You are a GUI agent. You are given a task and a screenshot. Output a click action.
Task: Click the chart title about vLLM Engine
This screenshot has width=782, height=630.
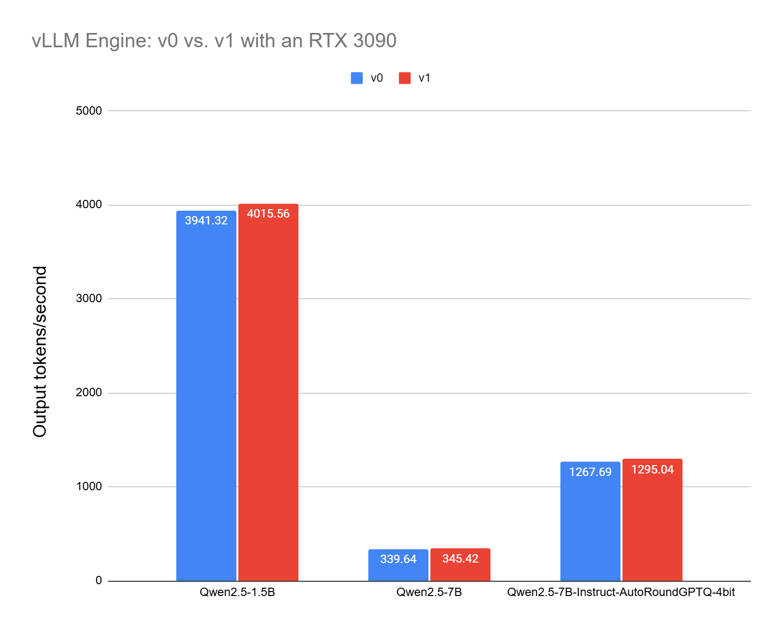(x=214, y=40)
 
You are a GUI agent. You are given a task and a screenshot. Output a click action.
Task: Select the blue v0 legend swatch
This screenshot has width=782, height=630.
(x=357, y=78)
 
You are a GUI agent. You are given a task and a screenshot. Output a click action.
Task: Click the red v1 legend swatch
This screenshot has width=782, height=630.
(x=405, y=78)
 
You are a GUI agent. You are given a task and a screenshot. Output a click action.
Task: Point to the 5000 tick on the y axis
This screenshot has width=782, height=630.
(x=89, y=111)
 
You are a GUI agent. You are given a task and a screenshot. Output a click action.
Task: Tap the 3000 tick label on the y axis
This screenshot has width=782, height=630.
(x=89, y=299)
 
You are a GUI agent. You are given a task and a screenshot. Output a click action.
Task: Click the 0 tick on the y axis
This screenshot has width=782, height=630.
(x=98, y=580)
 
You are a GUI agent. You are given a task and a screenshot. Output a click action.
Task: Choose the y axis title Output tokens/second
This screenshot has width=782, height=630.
(x=40, y=351)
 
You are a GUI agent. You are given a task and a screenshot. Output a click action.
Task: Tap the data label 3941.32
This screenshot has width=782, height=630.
(x=206, y=220)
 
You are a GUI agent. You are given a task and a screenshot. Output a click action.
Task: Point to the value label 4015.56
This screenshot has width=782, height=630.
(x=268, y=214)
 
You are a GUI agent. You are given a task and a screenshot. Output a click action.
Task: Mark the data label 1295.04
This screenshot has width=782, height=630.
(x=652, y=470)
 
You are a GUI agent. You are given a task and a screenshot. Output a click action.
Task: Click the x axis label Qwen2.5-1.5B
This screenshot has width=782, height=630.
(x=237, y=592)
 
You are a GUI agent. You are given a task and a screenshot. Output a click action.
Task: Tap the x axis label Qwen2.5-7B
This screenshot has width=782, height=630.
(x=429, y=592)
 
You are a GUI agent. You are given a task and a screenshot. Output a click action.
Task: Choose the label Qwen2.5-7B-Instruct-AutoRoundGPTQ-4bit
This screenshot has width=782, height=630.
(x=620, y=592)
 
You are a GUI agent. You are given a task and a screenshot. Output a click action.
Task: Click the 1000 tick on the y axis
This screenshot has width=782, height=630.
(x=89, y=486)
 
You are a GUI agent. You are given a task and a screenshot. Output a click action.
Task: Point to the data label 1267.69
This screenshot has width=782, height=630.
(x=590, y=472)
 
